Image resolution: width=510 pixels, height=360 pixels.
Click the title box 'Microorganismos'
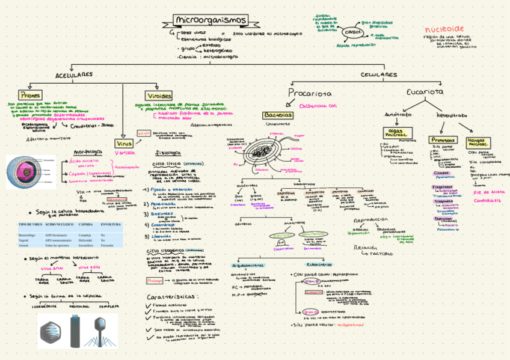[x=210, y=20]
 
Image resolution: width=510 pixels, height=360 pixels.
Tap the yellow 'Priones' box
[x=30, y=95]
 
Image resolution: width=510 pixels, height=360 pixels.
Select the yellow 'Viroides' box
[x=159, y=96]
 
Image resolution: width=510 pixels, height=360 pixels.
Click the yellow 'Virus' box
[x=124, y=144]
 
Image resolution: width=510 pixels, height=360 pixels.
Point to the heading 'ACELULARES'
[x=74, y=75]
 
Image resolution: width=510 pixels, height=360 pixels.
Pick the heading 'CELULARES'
[x=378, y=75]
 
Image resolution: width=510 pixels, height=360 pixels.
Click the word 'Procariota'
[x=309, y=93]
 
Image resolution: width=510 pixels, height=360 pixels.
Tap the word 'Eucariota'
[x=425, y=92]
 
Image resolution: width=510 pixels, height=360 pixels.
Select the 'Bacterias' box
[x=278, y=115]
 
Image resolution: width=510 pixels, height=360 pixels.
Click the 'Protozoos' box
[x=443, y=139]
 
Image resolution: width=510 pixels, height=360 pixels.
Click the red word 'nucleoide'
[x=444, y=29]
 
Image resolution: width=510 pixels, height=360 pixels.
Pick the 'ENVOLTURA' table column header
[x=110, y=224]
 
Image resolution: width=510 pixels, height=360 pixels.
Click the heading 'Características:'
[x=171, y=297]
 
